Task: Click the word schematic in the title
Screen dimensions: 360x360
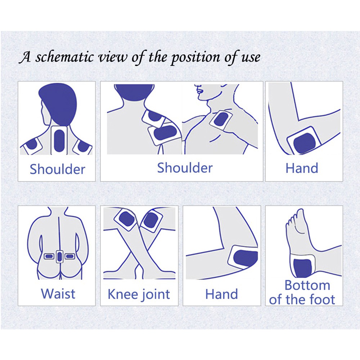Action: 64,57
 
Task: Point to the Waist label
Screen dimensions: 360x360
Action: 58,294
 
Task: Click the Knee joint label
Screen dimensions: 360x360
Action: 139,294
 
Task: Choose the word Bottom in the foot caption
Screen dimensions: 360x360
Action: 307,285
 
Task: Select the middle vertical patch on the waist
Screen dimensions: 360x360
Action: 59,256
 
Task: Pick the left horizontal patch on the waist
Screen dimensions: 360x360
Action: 49,256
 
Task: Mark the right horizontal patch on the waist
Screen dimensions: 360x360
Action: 70,256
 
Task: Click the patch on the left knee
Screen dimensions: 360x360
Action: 126,220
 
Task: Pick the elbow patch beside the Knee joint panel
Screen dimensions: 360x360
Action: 243,257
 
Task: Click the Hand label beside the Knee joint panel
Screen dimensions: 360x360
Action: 221,294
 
